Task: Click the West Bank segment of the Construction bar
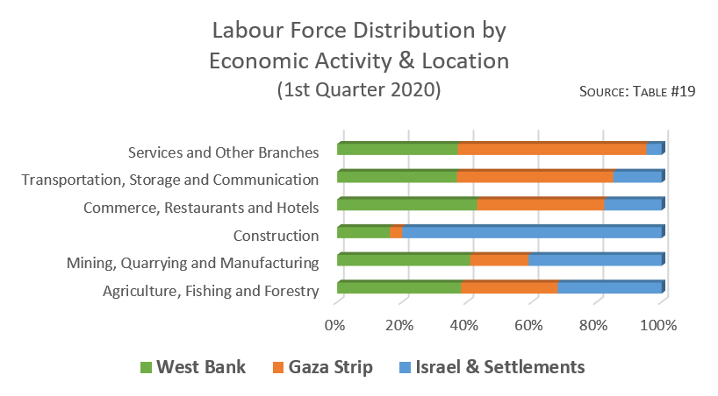coord(363,232)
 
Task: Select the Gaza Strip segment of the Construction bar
coord(396,232)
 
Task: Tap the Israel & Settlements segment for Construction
coord(532,232)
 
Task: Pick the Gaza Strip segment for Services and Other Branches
coord(551,149)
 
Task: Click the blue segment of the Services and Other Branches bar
coord(654,149)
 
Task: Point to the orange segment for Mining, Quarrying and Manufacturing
coord(499,259)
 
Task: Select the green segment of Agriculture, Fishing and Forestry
coord(398,287)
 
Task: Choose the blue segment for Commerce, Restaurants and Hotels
coord(633,204)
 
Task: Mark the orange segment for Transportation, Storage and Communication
coord(535,177)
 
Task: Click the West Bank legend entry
coord(193,367)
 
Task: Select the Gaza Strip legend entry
coord(323,367)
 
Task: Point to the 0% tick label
coord(334,325)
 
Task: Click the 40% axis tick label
coord(463,325)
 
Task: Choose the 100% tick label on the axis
coord(658,325)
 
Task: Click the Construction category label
coord(275,236)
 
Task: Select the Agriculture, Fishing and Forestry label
coord(211,291)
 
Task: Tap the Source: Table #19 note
coord(637,92)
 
